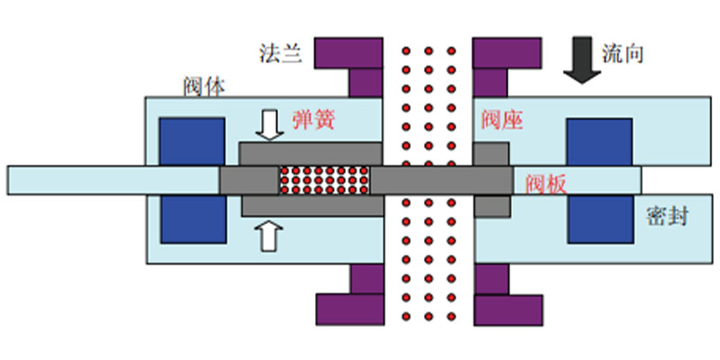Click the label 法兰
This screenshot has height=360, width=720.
point(281,54)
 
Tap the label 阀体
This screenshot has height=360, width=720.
point(204,86)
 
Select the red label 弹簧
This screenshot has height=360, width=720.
point(314,121)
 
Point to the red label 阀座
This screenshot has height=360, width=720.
point(502,121)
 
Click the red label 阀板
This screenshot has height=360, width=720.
point(546,184)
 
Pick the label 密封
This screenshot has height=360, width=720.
point(668,216)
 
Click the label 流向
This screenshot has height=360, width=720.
point(623,54)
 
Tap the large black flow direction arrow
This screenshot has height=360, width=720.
point(582,60)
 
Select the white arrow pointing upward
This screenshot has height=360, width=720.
point(270,235)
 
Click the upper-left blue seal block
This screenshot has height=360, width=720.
point(192,141)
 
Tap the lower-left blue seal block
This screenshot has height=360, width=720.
point(193,219)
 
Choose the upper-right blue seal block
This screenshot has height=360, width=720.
point(599,142)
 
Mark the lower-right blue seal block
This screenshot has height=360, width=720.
point(600,219)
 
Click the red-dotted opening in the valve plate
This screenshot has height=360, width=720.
point(325,179)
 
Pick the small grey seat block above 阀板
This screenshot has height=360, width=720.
point(490,154)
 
